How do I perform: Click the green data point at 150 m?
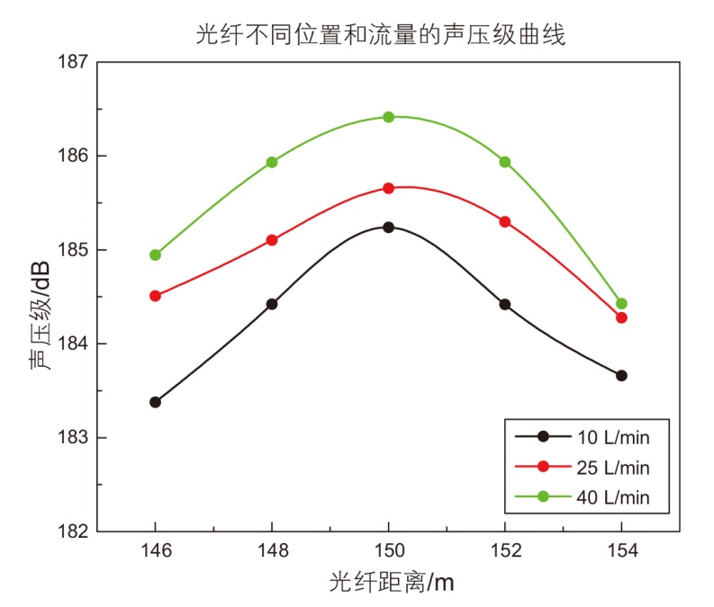[389, 117]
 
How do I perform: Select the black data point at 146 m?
[156, 402]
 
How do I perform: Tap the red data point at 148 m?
[272, 240]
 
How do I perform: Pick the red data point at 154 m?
[621, 317]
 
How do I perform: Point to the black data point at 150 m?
[389, 228]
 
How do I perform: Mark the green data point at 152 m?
[505, 162]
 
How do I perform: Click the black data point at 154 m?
[621, 375]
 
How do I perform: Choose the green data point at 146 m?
[156, 254]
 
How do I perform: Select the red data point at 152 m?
[505, 221]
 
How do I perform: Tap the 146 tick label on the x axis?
[156, 551]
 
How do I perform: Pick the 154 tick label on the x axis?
[621, 551]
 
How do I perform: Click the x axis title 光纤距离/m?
[391, 583]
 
